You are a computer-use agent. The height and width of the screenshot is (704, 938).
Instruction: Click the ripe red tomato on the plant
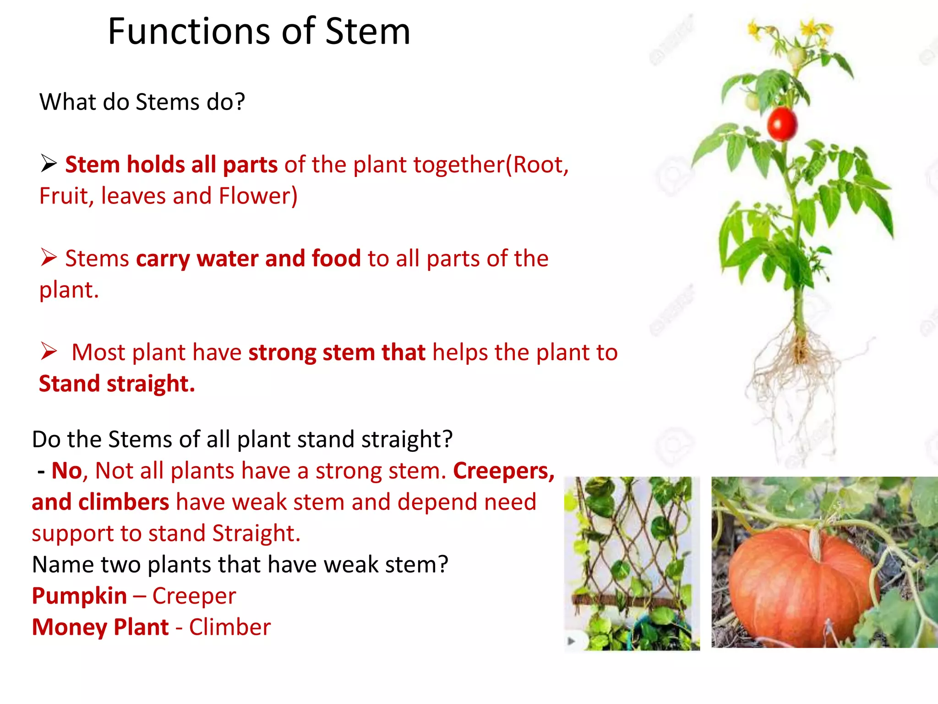782,124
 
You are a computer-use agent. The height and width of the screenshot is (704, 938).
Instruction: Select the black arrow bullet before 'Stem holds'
49,164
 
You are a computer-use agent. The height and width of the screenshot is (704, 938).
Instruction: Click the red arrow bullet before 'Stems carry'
49,258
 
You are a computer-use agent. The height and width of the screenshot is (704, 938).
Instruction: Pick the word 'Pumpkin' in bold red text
79,596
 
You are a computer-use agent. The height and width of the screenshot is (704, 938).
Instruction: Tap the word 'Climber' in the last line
229,627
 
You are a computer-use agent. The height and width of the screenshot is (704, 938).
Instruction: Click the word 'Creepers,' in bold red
504,471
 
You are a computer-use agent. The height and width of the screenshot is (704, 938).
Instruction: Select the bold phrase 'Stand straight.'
117,384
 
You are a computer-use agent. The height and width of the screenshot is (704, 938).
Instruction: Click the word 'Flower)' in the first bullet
258,196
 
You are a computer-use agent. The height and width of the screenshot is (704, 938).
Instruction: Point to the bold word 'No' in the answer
66,471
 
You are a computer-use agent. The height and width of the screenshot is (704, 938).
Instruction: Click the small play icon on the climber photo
571,641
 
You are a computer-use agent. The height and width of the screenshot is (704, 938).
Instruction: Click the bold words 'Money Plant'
100,627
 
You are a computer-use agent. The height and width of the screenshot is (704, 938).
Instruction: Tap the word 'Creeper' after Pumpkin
194,596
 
